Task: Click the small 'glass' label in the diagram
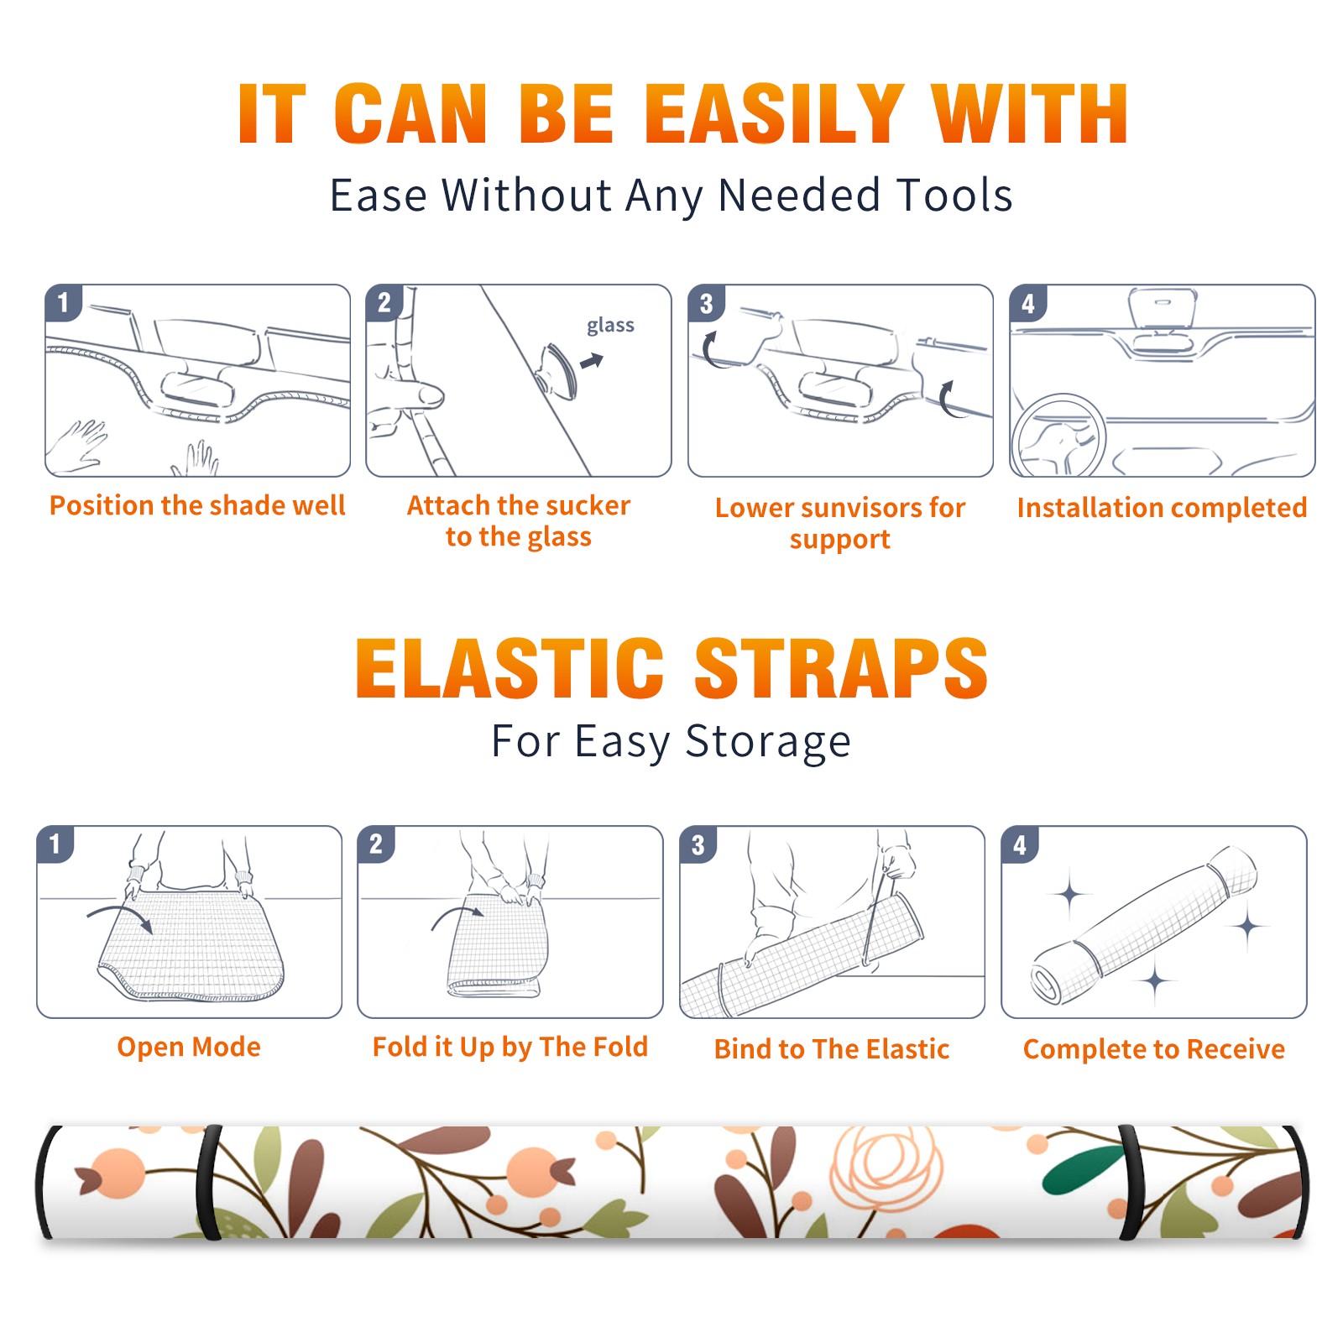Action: pos(610,326)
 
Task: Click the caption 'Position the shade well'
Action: pos(197,505)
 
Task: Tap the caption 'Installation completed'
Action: pos(1162,507)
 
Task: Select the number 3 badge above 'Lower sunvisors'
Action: pos(706,303)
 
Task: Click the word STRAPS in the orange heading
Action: pos(841,668)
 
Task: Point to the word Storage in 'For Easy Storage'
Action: pos(768,742)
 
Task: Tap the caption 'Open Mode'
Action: pos(189,1047)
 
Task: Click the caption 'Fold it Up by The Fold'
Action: pos(510,1047)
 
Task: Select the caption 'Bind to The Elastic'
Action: pos(832,1049)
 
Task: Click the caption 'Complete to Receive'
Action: pos(1154,1049)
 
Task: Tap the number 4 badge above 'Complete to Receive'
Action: pos(1020,844)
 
